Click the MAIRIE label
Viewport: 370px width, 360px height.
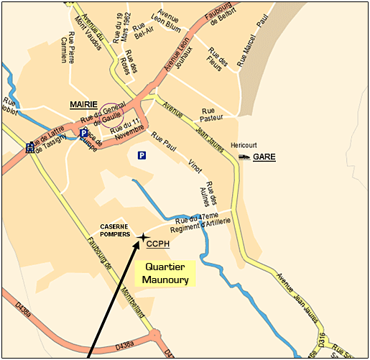tap(83, 105)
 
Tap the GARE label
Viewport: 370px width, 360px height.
tap(264, 156)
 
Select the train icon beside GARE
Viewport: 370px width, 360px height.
tap(244, 156)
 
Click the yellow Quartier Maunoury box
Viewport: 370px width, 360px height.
tap(165, 273)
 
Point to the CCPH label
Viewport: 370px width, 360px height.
tap(157, 244)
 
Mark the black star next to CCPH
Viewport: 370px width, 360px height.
tap(142, 236)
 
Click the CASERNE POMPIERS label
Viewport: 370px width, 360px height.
tap(115, 229)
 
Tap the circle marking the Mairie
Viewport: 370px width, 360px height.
tap(111, 114)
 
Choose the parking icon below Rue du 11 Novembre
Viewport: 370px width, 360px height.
tap(142, 155)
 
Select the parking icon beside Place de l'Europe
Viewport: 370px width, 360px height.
tap(84, 134)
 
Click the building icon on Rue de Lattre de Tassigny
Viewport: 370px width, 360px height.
tap(29, 147)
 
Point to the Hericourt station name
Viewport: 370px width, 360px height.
tap(244, 145)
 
